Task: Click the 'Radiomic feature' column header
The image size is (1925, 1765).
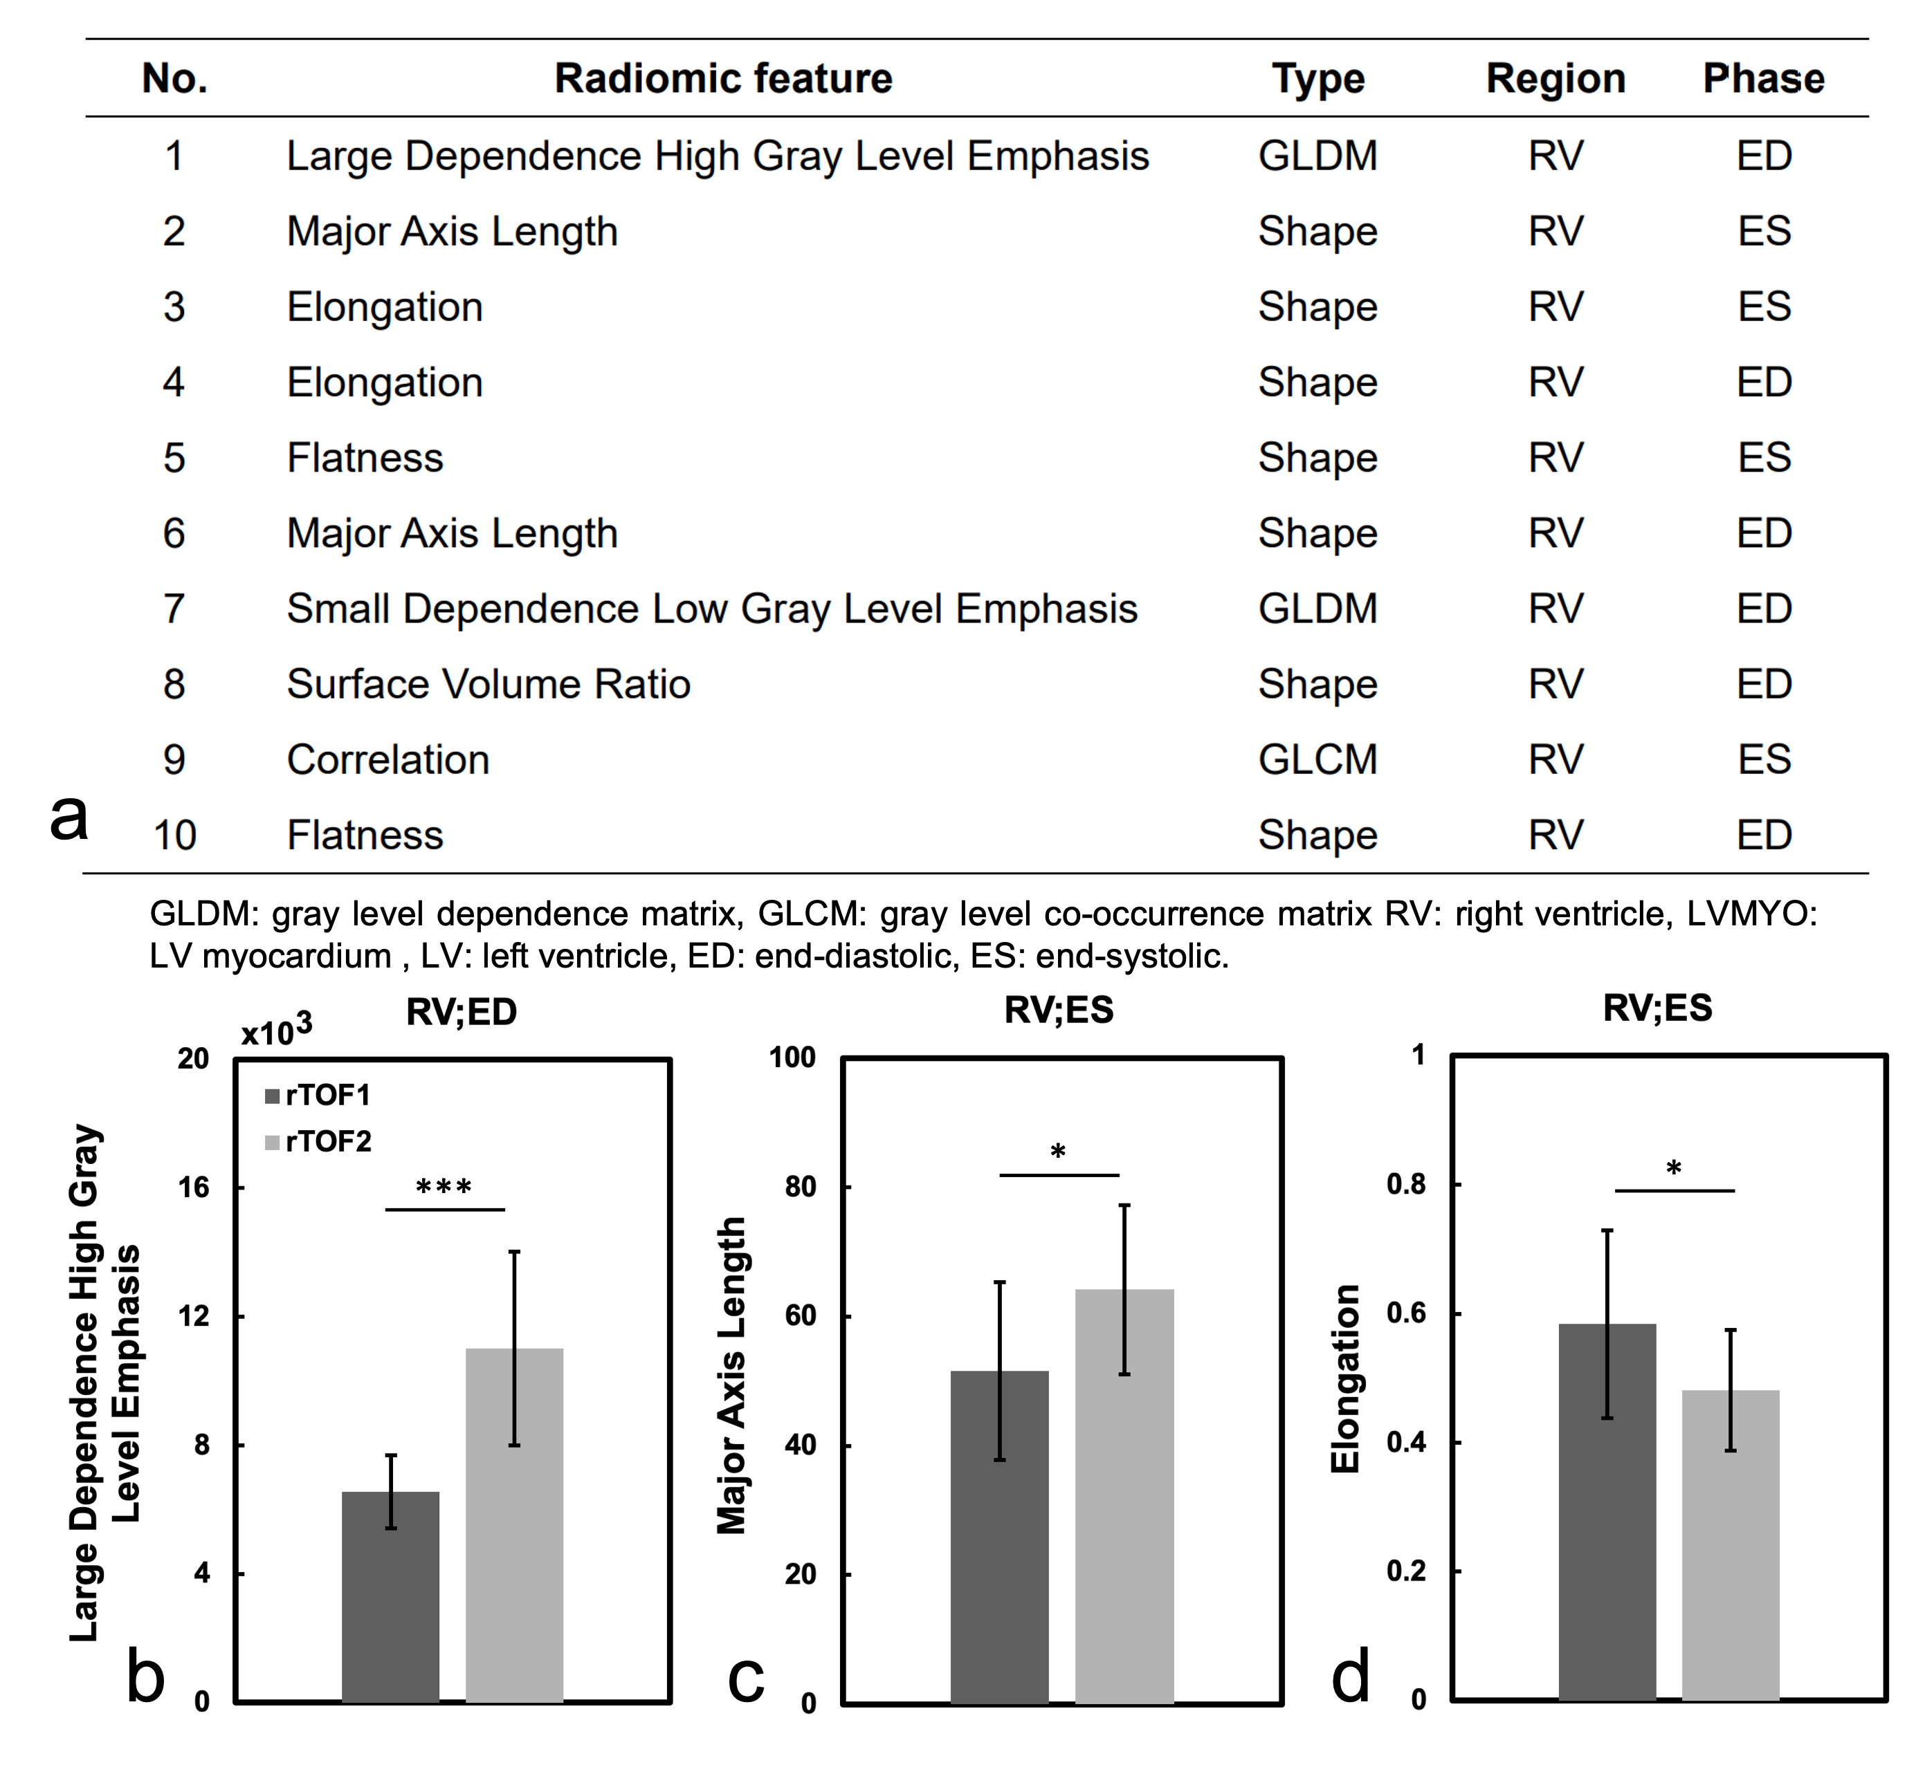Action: coord(723,78)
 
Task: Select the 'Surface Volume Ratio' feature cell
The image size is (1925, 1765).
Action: coord(489,684)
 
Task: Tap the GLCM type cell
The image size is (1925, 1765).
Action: coord(1317,759)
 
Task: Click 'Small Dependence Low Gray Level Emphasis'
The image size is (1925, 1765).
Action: coord(712,609)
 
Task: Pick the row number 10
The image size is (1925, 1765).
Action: coord(174,835)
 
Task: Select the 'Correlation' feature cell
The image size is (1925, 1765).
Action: coord(388,759)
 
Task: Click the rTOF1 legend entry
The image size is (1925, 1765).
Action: coord(318,1095)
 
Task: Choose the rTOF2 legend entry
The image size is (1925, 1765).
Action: coord(318,1141)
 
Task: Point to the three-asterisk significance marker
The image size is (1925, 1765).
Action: coord(444,1188)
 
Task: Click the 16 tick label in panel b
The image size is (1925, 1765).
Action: coord(193,1188)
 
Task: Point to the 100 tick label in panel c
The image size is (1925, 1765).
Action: coord(792,1057)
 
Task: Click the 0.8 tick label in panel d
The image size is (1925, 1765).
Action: coord(1405,1184)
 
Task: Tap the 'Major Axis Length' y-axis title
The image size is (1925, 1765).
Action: coord(732,1376)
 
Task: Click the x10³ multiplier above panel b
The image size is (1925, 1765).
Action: coord(276,1031)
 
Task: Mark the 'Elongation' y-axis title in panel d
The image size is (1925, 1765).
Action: coord(1345,1378)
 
